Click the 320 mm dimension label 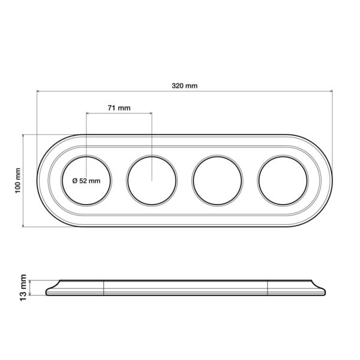tap(185, 86)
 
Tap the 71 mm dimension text tap(119, 108)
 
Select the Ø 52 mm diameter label tap(86, 181)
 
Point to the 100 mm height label tap(17, 181)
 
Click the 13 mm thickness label tap(23, 287)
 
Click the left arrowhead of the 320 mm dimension tap(38, 91)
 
